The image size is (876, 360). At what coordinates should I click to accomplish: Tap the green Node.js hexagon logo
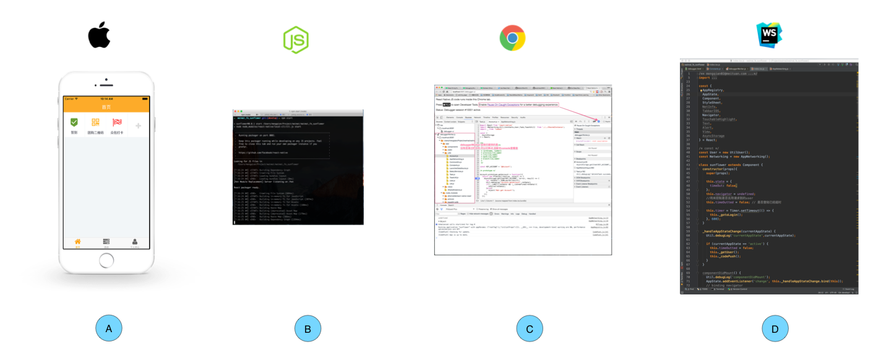[x=296, y=40]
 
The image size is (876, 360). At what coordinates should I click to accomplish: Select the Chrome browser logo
[x=512, y=38]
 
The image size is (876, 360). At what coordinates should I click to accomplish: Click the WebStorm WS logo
[x=769, y=35]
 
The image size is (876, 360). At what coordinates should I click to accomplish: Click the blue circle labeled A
[x=109, y=328]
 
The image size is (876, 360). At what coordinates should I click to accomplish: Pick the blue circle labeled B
[x=307, y=328]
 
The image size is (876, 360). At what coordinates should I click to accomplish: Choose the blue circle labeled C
[x=529, y=328]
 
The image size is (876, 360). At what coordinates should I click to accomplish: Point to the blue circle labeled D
[x=775, y=328]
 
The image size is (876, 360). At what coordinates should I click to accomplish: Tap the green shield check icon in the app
[x=74, y=122]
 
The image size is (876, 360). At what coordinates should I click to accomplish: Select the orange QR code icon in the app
[x=95, y=122]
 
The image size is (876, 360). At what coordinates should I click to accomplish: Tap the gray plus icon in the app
[x=138, y=126]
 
